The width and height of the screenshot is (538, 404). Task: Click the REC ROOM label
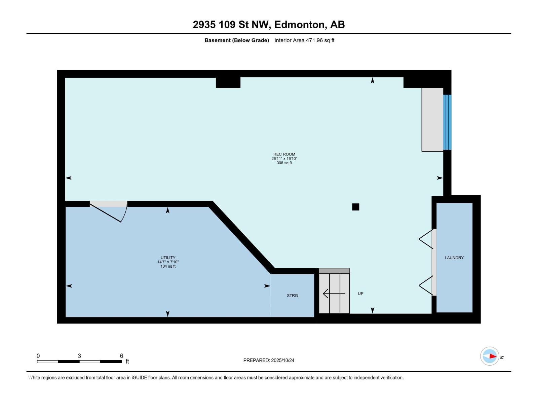pyautogui.click(x=284, y=154)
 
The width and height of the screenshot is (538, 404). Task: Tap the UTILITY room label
pyautogui.click(x=168, y=258)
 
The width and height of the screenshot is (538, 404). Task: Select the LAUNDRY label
pyautogui.click(x=454, y=258)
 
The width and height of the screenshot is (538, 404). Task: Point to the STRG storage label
pyautogui.click(x=293, y=296)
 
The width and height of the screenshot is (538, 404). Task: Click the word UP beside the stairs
pyautogui.click(x=360, y=293)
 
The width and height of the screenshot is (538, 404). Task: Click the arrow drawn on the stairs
pyautogui.click(x=334, y=294)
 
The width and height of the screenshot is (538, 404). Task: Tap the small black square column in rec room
pyautogui.click(x=356, y=207)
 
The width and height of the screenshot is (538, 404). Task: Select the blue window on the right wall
pyautogui.click(x=447, y=122)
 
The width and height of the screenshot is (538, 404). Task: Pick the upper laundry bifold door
pyautogui.click(x=426, y=239)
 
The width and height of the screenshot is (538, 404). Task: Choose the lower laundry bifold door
pyautogui.click(x=426, y=285)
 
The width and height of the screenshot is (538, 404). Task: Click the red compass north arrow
pyautogui.click(x=493, y=356)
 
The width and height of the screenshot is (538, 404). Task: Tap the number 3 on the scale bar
pyautogui.click(x=79, y=356)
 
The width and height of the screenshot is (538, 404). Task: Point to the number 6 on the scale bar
pyautogui.click(x=122, y=356)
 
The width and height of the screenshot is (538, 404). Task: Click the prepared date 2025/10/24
pyautogui.click(x=282, y=360)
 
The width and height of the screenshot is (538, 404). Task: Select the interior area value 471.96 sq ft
pyautogui.click(x=320, y=40)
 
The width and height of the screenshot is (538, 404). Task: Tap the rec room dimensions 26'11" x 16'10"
pyautogui.click(x=284, y=159)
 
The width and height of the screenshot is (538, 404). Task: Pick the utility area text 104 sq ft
pyautogui.click(x=168, y=266)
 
